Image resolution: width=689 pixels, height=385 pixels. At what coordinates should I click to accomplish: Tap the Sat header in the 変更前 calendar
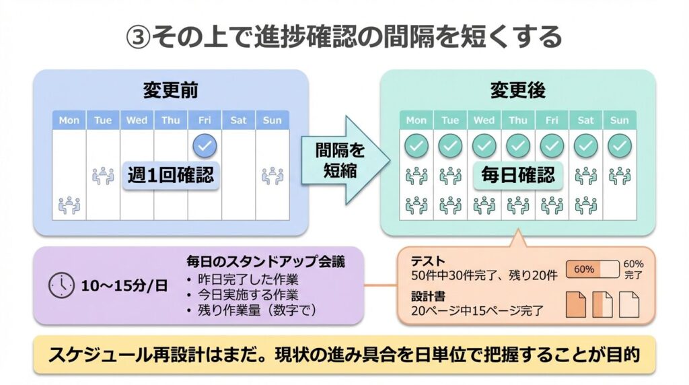coord(238,120)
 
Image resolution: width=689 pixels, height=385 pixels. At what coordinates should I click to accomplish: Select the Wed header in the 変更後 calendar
coord(484,120)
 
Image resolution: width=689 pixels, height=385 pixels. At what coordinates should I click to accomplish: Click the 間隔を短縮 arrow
coord(345,160)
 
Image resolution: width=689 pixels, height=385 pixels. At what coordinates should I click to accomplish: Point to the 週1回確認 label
coord(171,176)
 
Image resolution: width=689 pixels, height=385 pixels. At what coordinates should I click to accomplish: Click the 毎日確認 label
coord(518,176)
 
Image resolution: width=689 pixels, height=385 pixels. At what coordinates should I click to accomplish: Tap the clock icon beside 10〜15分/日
coord(61,285)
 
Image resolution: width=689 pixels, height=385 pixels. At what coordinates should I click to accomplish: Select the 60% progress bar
coord(592,269)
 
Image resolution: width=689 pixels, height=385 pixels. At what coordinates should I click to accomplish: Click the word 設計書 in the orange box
coord(428,295)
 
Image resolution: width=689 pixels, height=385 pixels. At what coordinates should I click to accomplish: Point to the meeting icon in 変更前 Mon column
coord(69,205)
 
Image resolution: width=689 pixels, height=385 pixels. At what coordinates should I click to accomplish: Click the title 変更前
coord(170,90)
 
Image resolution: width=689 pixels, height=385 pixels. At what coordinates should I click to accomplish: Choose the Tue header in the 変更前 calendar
coord(103,120)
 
